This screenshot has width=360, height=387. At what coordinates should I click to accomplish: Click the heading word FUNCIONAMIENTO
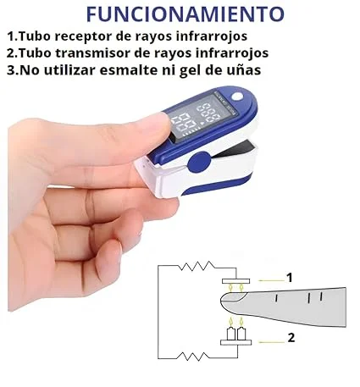(x=185, y=14)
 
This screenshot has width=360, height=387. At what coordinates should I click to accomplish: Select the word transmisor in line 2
(x=107, y=53)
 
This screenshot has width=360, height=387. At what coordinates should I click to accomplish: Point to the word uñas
(x=239, y=70)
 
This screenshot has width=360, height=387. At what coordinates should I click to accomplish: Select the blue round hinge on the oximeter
(x=199, y=161)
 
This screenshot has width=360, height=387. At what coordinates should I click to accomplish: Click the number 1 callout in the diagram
(x=290, y=277)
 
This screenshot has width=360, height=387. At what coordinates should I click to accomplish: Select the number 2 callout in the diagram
(x=290, y=340)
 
